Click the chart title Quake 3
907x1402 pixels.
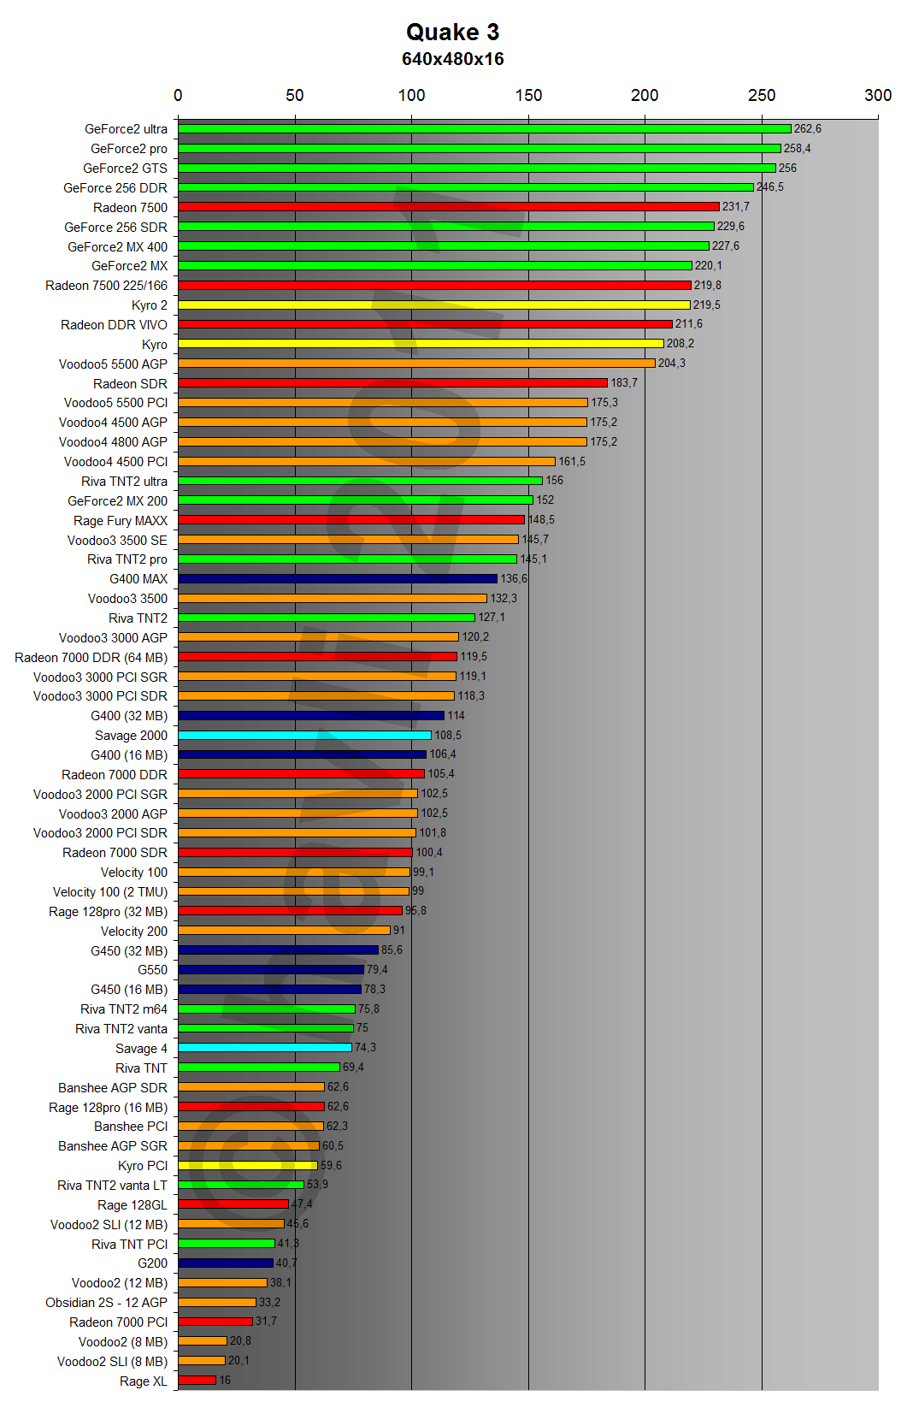(x=452, y=33)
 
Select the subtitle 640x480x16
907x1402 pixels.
(x=452, y=59)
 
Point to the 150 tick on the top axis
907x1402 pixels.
(x=528, y=95)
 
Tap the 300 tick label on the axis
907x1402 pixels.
(x=877, y=95)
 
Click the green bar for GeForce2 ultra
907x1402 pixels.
(x=484, y=129)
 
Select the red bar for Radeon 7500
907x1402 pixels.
(x=448, y=207)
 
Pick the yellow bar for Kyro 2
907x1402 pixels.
(x=433, y=305)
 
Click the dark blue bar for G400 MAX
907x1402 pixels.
(x=337, y=579)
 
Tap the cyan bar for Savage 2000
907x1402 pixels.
(x=304, y=736)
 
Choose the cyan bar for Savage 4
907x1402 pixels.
(x=264, y=1048)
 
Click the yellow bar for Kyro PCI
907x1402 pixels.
(x=247, y=1165)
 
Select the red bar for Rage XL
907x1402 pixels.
(x=197, y=1380)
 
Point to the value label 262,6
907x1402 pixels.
(x=807, y=129)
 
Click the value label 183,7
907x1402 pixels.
(x=623, y=383)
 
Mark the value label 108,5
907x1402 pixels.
(x=447, y=736)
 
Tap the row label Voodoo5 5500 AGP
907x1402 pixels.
(x=113, y=364)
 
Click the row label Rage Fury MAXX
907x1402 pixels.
(x=121, y=521)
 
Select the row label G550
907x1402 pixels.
(x=152, y=970)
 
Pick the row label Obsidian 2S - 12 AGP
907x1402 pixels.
(x=106, y=1303)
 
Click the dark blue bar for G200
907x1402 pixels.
(x=226, y=1263)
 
